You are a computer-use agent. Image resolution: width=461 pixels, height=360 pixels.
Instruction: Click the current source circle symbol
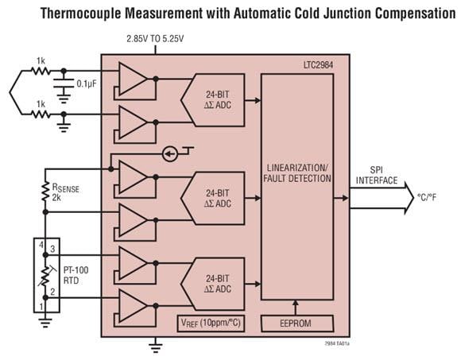pos(169,153)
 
